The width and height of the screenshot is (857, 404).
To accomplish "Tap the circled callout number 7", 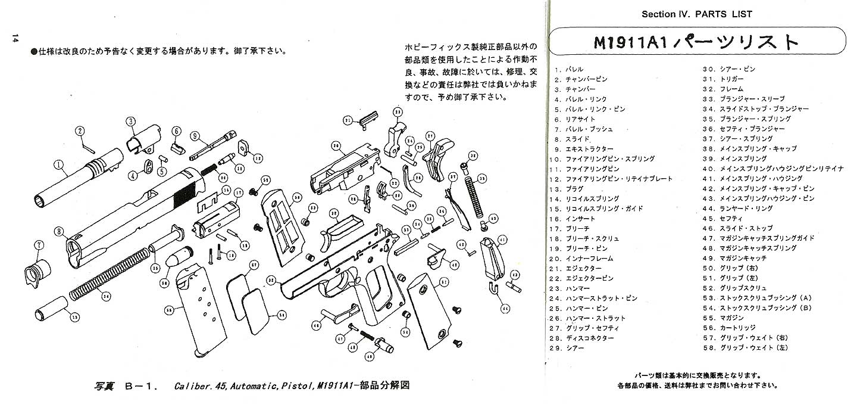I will (x=39, y=244).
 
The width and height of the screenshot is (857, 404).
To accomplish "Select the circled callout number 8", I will (x=58, y=231).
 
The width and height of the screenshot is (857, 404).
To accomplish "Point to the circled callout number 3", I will (x=130, y=122).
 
